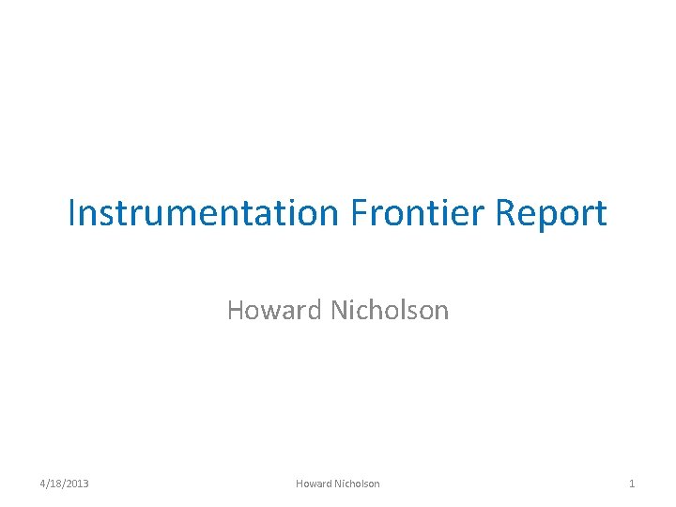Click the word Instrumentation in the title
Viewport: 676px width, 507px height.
203,214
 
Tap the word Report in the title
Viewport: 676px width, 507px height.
552,214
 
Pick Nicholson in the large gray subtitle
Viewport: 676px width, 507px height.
390,310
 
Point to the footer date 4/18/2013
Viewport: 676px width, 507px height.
65,484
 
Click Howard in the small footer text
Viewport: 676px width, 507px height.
313,484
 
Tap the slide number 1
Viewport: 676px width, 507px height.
632,484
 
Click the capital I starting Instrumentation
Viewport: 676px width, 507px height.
72,214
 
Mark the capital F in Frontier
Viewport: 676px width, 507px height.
359,214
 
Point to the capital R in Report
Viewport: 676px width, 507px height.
505,214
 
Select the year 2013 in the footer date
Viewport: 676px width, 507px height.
77,484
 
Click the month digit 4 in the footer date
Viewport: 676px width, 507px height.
43,484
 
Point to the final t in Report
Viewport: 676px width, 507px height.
601,214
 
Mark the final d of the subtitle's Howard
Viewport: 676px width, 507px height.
317,310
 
